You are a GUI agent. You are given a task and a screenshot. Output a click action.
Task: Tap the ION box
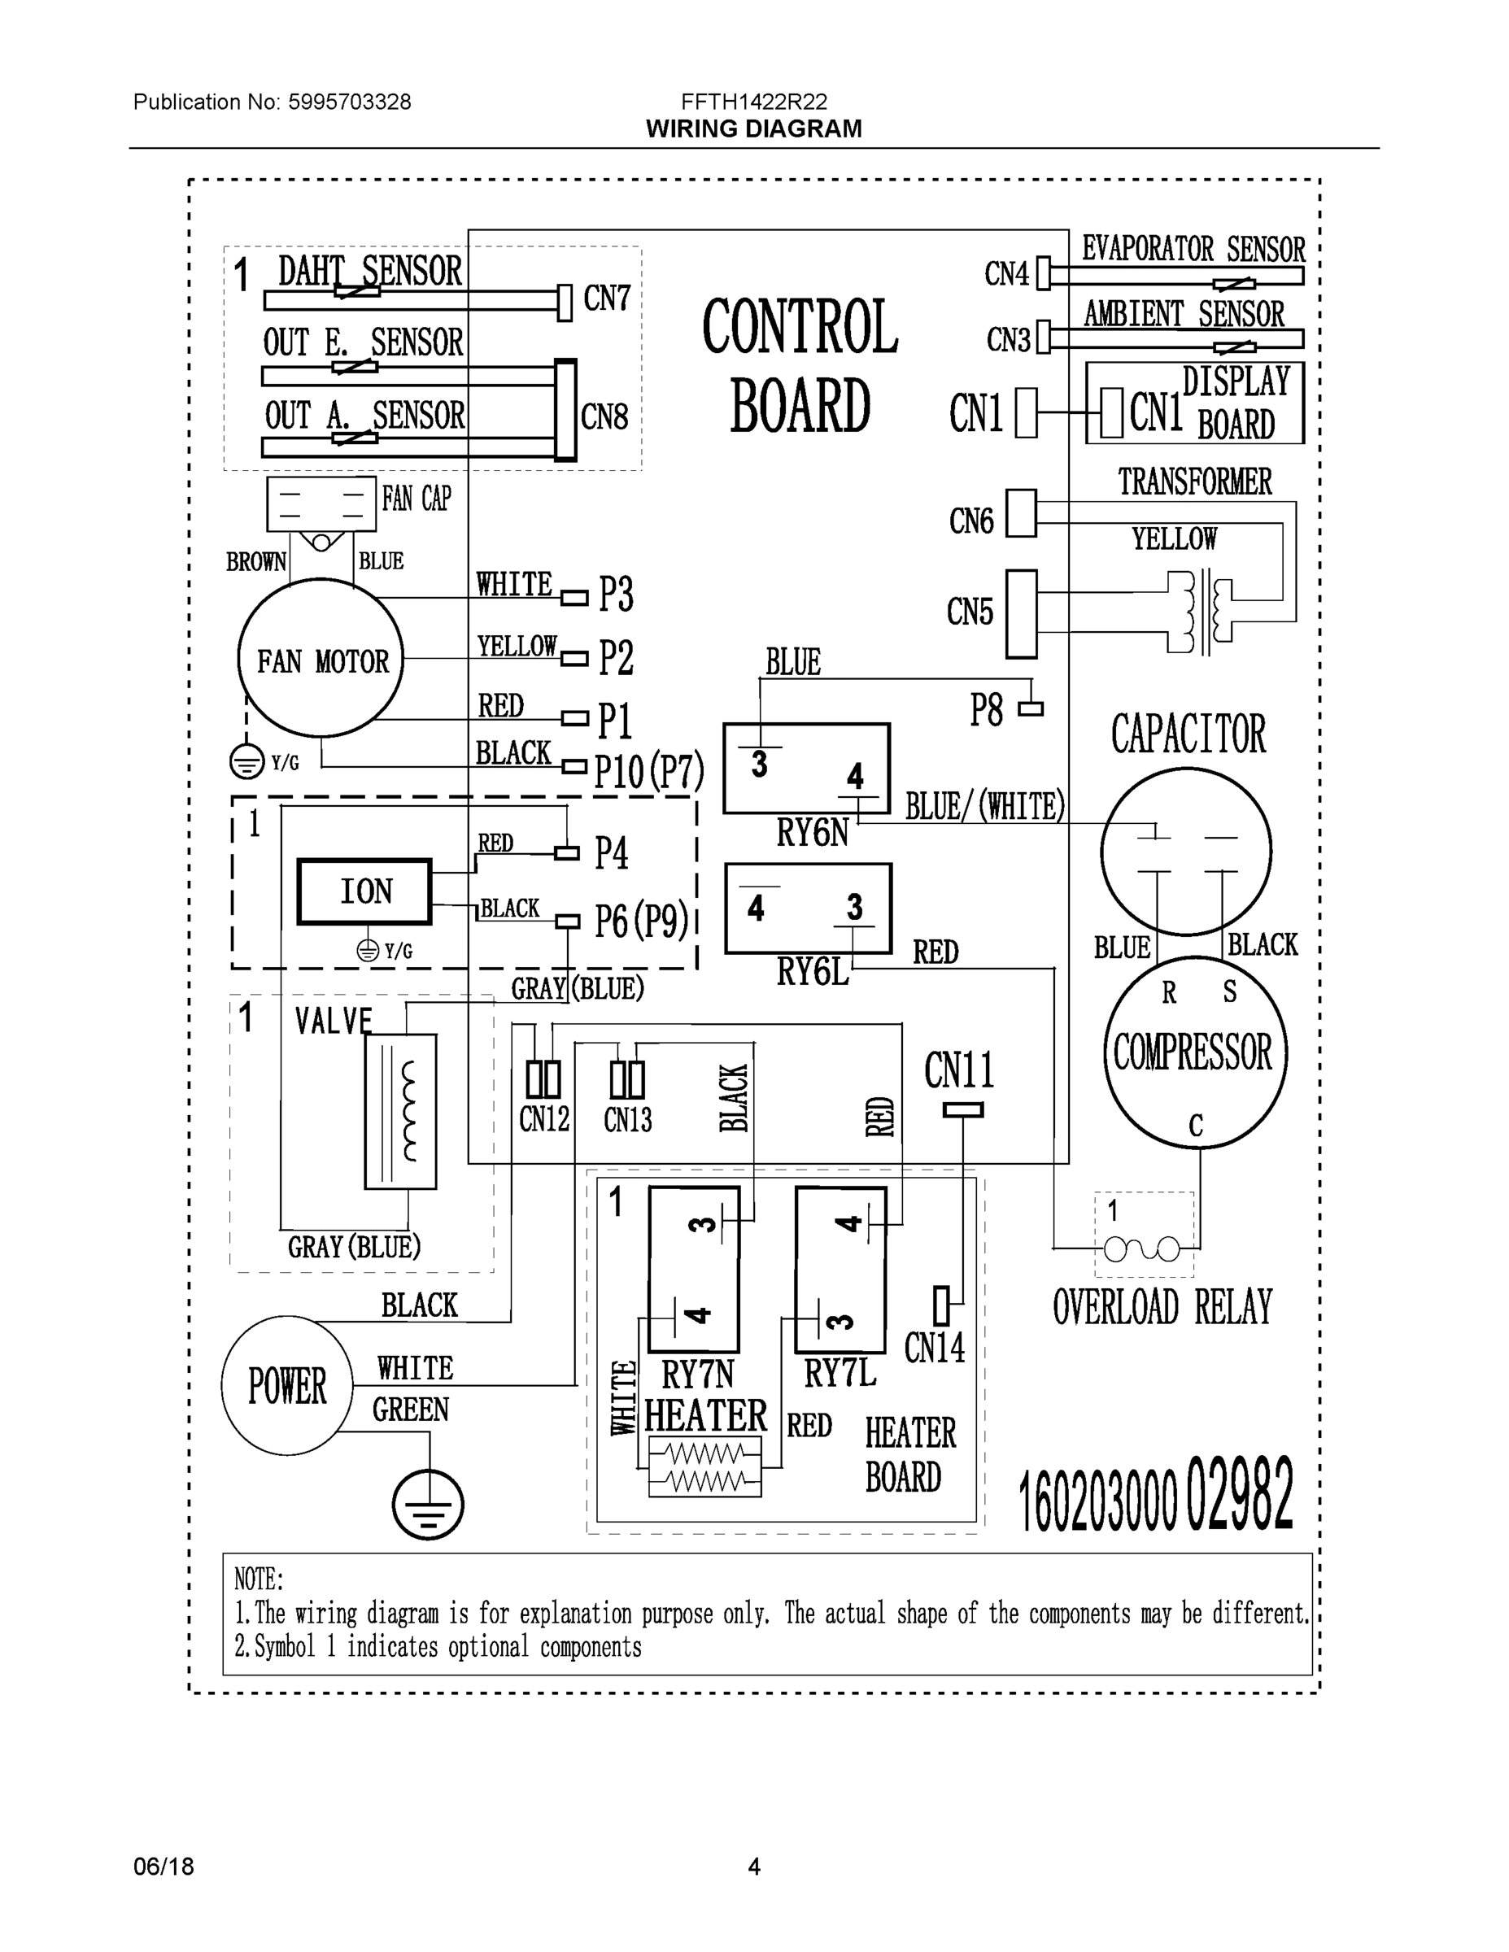364,891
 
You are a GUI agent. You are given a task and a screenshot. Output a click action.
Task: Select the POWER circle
287,1386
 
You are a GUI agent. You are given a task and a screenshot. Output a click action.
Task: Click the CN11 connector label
959,1070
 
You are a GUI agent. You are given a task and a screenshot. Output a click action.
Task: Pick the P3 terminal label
616,595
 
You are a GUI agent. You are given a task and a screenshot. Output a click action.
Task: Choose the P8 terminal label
987,711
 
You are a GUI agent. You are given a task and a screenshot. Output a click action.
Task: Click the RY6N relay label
812,833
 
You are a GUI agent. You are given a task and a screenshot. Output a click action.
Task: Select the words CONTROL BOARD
800,367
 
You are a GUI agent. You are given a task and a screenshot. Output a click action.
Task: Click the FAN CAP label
417,499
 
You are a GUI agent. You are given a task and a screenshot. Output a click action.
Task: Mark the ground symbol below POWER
428,1505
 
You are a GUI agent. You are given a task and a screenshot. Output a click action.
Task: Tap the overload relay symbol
1142,1248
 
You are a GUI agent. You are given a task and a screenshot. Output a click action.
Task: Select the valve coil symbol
400,1111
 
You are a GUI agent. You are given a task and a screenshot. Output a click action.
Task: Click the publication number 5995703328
349,102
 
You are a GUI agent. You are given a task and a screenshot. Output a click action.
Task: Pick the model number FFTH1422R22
753,102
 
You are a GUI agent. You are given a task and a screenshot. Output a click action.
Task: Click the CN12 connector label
543,1119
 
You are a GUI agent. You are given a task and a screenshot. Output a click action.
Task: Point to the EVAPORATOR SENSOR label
1193,250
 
